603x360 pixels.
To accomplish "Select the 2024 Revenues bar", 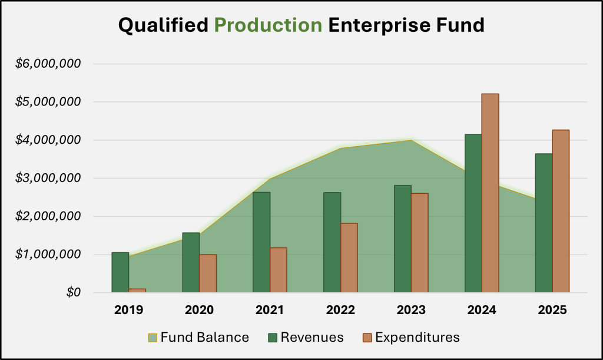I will click(473, 213).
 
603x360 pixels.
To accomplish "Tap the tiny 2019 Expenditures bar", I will click(137, 290).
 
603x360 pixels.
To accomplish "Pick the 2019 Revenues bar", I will click(120, 272).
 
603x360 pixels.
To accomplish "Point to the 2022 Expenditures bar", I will click(349, 257).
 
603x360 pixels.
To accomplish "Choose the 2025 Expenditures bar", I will click(561, 211).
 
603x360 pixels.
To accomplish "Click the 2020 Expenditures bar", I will click(208, 273).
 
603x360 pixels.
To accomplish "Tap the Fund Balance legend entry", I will click(198, 338).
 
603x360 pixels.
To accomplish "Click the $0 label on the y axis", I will click(71, 293).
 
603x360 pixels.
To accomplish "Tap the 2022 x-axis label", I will click(340, 309).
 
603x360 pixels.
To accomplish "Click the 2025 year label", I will click(552, 309).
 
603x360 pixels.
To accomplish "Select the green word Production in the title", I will click(268, 26).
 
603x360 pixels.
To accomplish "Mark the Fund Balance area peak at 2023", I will click(410, 140).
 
